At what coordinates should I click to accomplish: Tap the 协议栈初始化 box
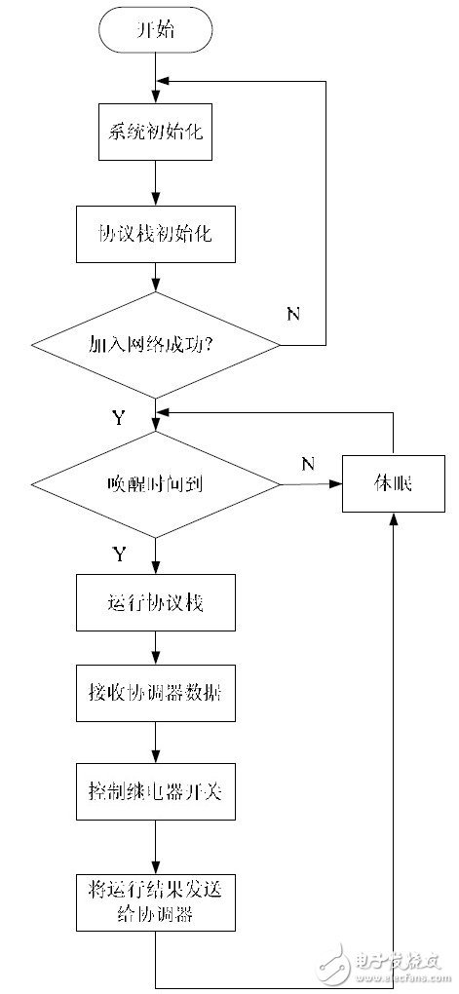click(155, 235)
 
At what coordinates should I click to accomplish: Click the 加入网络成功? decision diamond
click(155, 345)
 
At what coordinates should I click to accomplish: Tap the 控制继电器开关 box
click(155, 793)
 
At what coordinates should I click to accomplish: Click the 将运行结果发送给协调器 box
click(155, 901)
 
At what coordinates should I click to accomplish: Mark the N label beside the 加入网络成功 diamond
click(292, 314)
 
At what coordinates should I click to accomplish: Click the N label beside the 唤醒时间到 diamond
click(307, 463)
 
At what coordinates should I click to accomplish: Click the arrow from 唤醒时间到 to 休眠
click(310, 482)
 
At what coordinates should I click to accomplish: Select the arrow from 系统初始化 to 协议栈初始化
click(155, 183)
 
